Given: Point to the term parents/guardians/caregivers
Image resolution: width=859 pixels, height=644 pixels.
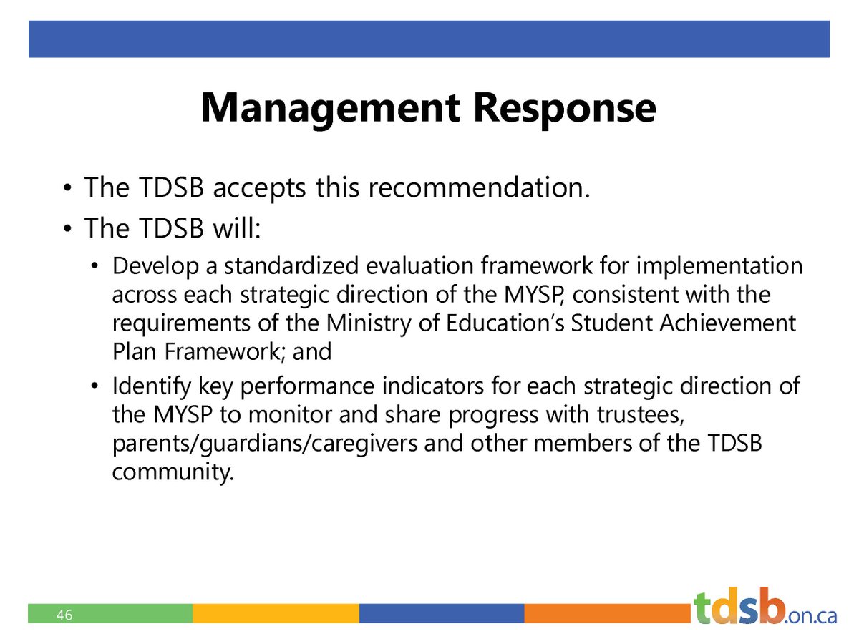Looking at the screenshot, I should (265, 444).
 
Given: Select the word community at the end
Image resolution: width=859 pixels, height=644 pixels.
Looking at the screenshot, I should (173, 472).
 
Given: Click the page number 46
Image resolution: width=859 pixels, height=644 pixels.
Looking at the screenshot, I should (64, 615).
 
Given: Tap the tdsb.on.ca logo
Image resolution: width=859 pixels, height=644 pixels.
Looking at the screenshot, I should (764, 608).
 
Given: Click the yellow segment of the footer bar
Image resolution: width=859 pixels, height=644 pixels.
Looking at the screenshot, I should (276, 613).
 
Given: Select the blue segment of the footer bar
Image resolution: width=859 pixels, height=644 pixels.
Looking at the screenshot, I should (441, 613).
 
